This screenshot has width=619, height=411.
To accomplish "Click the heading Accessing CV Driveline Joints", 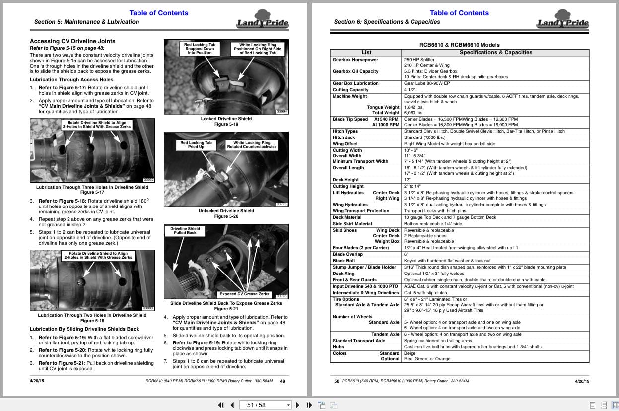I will point(72,41).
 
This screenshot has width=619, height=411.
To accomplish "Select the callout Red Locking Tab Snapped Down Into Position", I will point(200,48).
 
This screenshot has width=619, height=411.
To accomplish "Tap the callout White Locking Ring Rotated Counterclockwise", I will point(252,145).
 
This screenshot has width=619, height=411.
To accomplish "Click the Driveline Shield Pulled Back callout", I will point(185,231).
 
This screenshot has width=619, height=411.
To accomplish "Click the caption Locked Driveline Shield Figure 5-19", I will point(226,122).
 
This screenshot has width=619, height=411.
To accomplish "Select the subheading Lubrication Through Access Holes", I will point(71,79).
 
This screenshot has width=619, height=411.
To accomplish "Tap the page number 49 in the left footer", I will point(282,381).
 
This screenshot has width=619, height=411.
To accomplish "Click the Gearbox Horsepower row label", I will point(355,60).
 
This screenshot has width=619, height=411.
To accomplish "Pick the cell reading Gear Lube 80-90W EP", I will point(427,83).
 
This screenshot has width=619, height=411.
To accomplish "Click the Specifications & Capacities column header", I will point(495,52).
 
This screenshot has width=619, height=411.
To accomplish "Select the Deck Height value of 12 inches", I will point(407,180).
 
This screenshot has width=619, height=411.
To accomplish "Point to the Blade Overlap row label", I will point(347,254).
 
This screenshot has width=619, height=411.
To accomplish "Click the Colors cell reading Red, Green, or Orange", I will point(427,359).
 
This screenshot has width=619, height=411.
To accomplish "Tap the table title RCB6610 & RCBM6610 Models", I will point(459,45).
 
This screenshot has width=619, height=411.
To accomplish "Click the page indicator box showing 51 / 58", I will point(266,405).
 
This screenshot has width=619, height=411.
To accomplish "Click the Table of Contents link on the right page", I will point(459,13).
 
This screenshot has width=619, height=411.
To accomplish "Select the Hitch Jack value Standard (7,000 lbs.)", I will point(424,137).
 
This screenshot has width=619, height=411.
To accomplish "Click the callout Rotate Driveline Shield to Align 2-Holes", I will point(98,255).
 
